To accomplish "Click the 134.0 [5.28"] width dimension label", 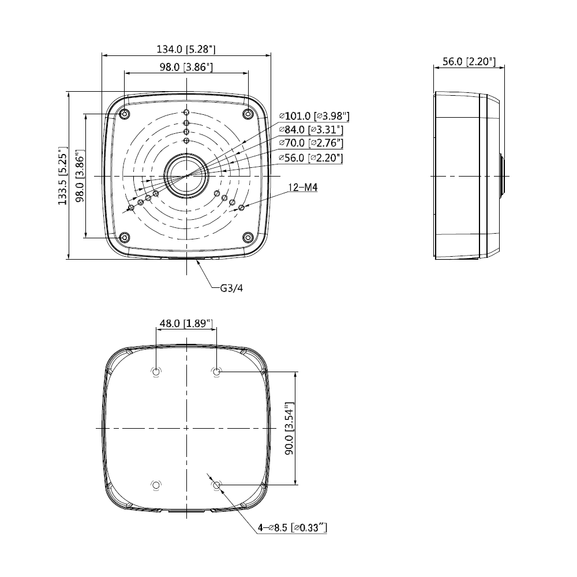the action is (x=186, y=49).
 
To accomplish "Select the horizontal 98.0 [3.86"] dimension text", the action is (x=186, y=67).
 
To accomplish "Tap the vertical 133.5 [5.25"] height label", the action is (x=63, y=175).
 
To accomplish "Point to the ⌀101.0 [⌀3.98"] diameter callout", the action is (x=314, y=117).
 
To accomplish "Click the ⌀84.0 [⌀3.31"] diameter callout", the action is (x=312, y=130).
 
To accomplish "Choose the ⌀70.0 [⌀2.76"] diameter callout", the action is (x=312, y=143).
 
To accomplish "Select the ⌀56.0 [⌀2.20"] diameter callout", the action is (x=311, y=158).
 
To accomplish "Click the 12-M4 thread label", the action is (x=302, y=188).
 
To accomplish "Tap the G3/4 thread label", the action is (x=231, y=288).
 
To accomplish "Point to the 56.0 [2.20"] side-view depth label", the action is (x=469, y=62).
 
